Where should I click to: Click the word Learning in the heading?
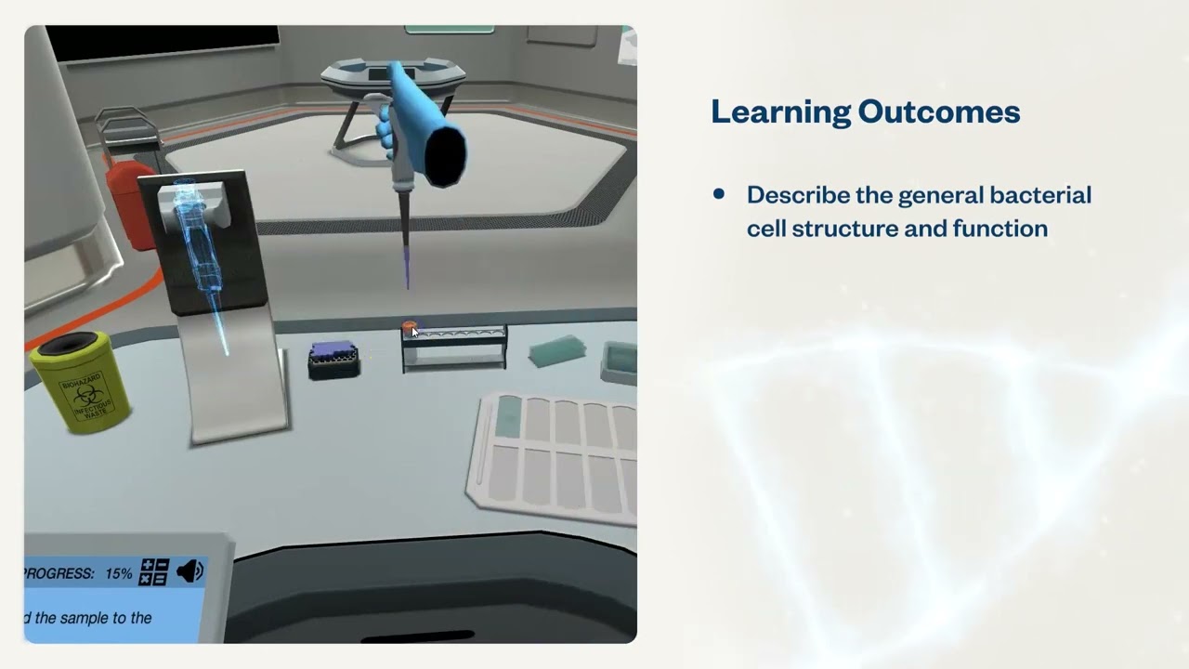780,111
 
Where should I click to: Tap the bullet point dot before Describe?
718,194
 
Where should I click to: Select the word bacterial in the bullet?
1040,195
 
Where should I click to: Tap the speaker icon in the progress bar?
189,571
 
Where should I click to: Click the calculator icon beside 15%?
153,572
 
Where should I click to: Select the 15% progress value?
118,574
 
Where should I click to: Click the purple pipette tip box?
333,359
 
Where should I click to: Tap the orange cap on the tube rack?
409,328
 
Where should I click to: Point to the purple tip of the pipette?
407,269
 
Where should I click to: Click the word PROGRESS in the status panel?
60,574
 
